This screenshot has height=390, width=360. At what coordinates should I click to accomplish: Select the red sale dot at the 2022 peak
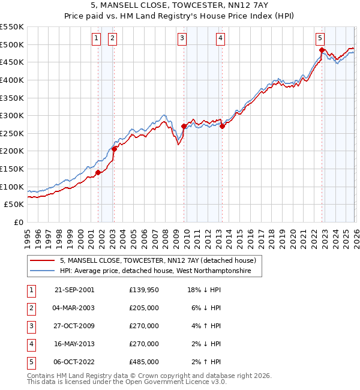pyautogui.click(x=322, y=50)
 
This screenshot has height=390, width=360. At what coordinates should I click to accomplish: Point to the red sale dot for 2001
pyautogui.click(x=98, y=173)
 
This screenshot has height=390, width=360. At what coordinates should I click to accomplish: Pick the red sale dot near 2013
pyautogui.click(x=222, y=127)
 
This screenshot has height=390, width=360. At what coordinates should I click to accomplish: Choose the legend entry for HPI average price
pyautogui.click(x=161, y=271)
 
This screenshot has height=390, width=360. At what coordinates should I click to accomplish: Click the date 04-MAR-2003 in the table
pyautogui.click(x=74, y=308)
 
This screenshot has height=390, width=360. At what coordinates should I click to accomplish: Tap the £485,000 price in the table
pyautogui.click(x=144, y=362)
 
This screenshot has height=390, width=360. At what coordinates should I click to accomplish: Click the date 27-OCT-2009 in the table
pyautogui.click(x=74, y=326)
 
